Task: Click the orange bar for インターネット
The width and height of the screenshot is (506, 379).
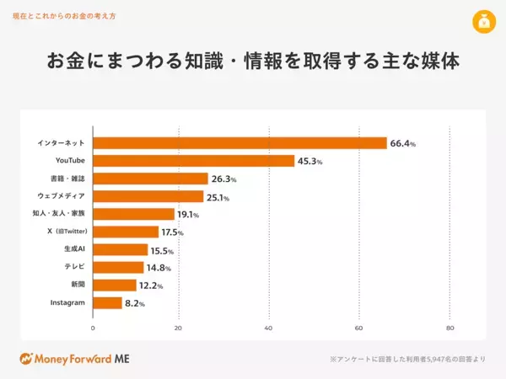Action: [240, 143]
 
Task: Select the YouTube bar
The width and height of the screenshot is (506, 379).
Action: [193, 161]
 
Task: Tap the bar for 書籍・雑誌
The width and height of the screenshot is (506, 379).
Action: [150, 179]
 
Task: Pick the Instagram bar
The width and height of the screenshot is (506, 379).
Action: [107, 302]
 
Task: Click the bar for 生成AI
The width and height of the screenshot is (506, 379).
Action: [120, 250]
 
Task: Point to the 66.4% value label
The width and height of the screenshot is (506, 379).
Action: [403, 144]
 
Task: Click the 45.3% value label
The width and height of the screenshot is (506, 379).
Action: [310, 162]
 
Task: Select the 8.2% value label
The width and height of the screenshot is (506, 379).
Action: [135, 303]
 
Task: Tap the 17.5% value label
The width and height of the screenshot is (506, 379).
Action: [172, 232]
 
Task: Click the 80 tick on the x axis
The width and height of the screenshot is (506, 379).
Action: [449, 328]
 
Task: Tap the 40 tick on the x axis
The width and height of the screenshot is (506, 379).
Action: [268, 328]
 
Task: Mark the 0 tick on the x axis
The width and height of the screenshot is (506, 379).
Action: [93, 328]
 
